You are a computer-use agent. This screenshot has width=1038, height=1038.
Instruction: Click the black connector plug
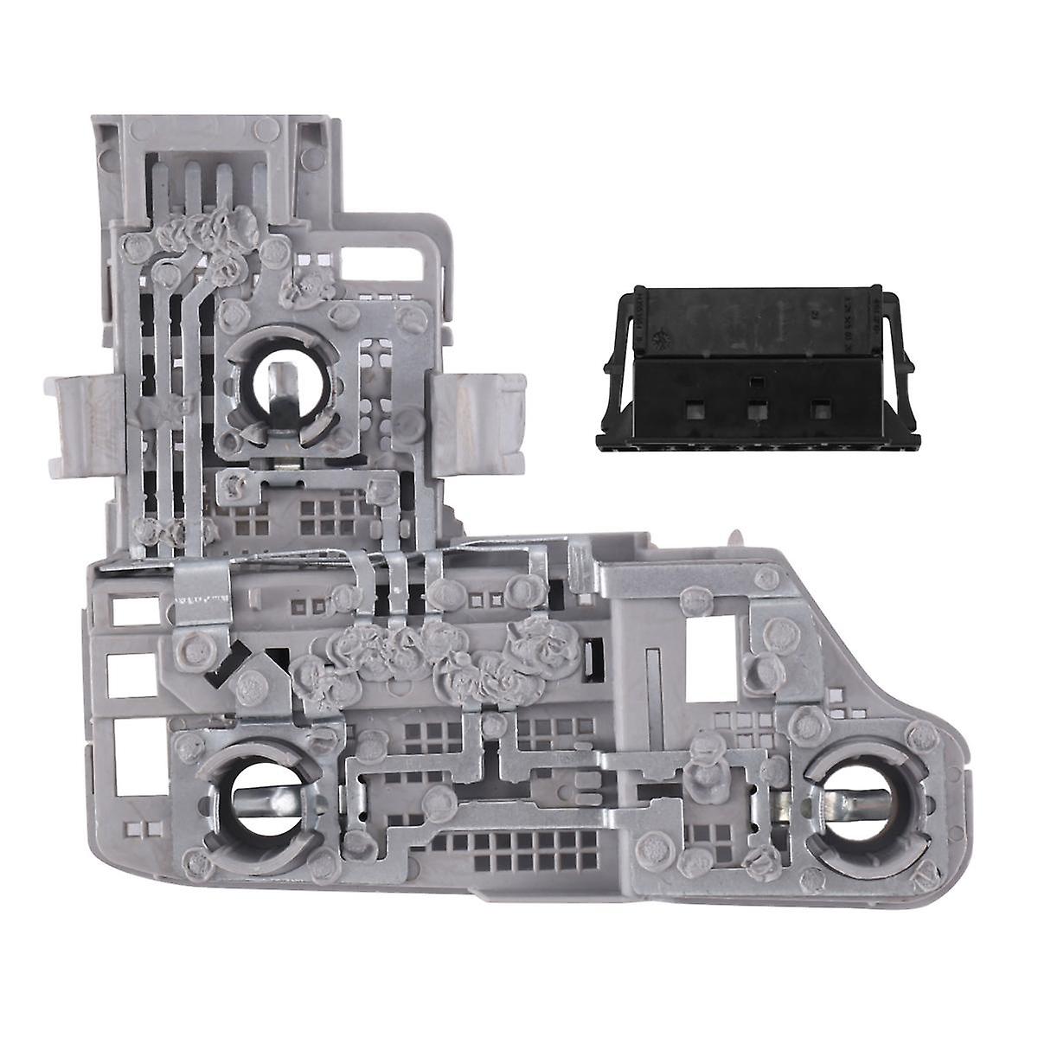[753, 368]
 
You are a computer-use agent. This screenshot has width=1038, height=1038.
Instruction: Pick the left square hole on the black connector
[693, 408]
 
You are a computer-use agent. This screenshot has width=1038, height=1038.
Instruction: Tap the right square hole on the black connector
[818, 408]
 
